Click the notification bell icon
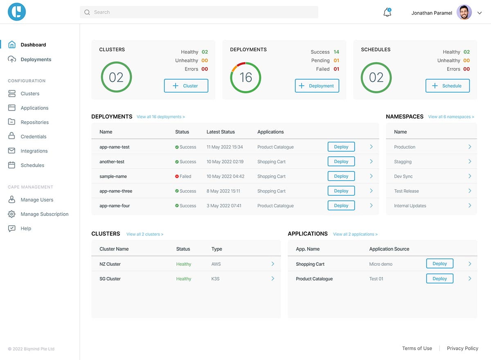click(387, 12)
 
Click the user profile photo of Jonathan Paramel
click(464, 12)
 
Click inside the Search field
click(199, 12)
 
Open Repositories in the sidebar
click(34, 122)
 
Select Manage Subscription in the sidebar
click(44, 214)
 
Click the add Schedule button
click(447, 86)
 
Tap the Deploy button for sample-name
click(341, 176)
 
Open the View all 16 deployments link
click(160, 117)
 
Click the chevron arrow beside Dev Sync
click(470, 176)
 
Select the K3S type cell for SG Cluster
click(215, 279)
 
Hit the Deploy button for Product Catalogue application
click(439, 278)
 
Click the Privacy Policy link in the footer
click(462, 348)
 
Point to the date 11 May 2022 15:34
click(225, 147)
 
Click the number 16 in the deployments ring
click(245, 77)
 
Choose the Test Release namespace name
click(406, 191)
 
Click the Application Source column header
click(389, 249)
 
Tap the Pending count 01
click(336, 61)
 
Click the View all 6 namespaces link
click(451, 117)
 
